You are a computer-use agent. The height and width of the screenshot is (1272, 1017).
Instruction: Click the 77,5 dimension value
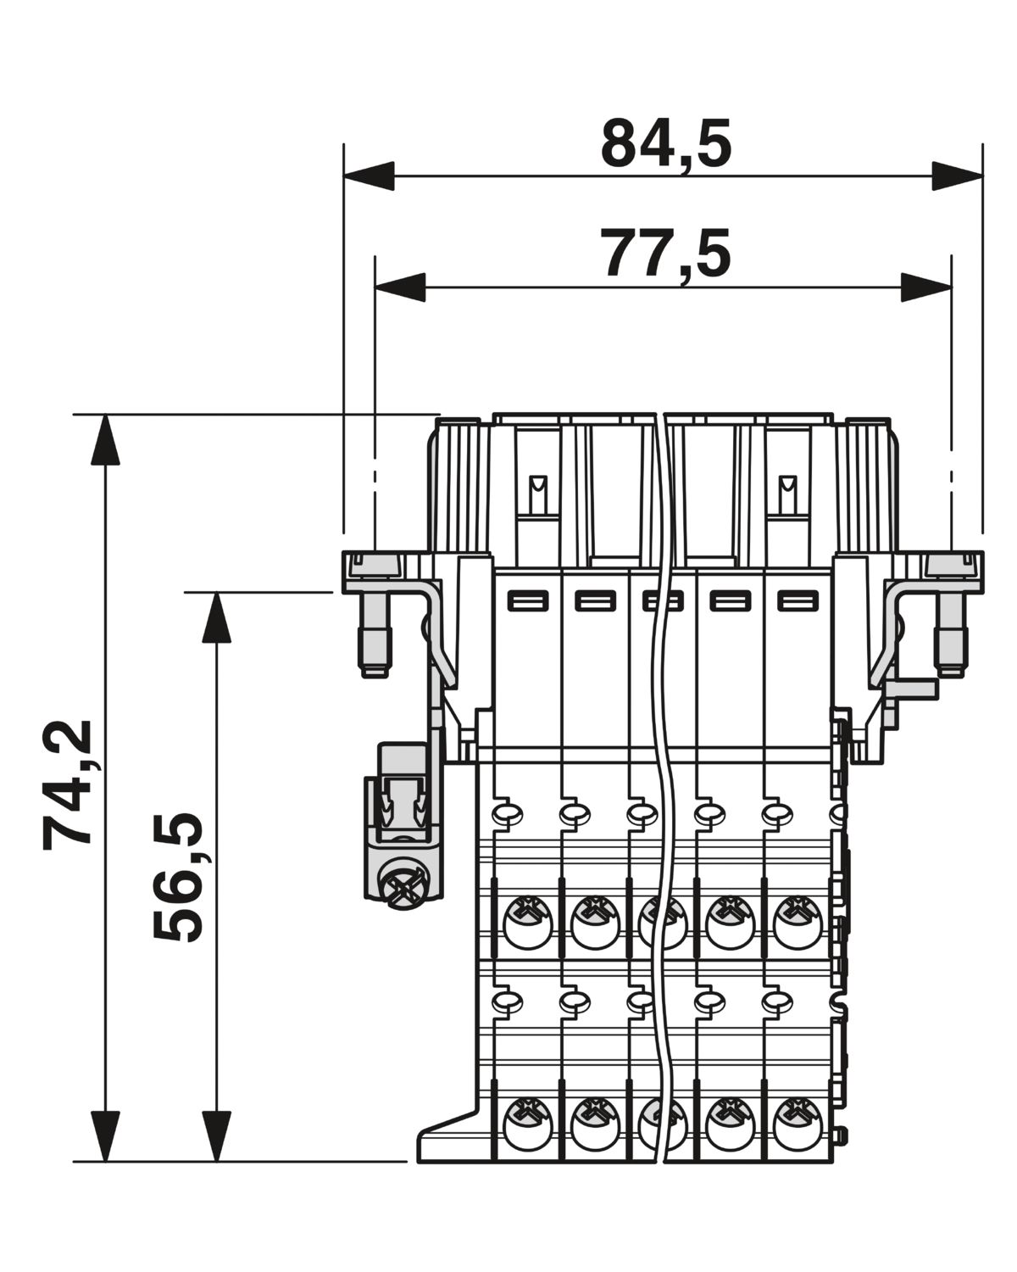665,255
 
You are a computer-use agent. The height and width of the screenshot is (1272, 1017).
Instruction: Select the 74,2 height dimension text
69,784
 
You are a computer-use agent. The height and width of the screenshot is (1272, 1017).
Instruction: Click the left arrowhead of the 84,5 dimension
369,176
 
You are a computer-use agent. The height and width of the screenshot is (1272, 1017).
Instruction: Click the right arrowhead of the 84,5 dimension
958,176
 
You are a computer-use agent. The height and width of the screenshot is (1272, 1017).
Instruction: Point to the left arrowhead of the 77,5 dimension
400,287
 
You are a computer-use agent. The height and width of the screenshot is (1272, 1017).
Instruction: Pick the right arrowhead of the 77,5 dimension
926,287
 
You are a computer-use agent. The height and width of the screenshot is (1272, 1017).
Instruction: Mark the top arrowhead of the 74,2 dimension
105,439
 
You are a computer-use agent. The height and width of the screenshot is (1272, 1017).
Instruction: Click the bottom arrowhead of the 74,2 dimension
105,1136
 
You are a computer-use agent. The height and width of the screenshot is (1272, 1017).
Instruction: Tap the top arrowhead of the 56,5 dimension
216,617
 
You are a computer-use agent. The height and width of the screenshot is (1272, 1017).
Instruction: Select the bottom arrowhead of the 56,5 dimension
216,1136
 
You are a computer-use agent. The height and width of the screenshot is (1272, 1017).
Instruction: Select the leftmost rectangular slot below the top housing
528,600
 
